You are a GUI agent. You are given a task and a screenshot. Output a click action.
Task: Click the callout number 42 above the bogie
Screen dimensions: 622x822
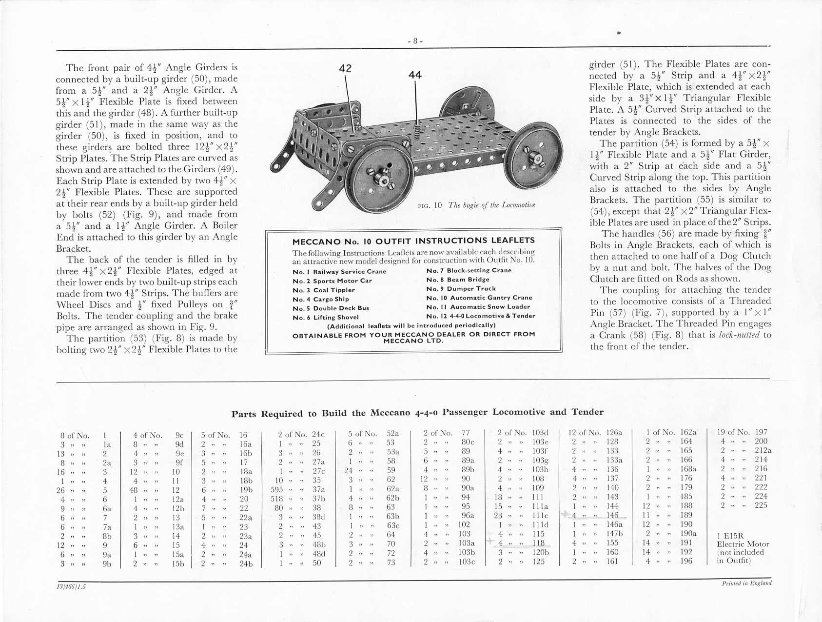[345, 69]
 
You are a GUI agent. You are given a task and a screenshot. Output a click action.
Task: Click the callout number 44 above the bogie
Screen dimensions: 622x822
[415, 75]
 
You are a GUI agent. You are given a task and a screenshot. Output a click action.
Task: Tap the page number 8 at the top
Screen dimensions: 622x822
[415, 41]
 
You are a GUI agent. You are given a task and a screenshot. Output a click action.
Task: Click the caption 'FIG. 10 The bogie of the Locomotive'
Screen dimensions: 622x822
[476, 205]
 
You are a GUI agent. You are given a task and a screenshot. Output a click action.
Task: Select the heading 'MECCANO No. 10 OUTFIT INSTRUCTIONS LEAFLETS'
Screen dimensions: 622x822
[413, 241]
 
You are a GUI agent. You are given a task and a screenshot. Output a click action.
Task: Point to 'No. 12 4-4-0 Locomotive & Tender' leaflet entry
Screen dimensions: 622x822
[480, 316]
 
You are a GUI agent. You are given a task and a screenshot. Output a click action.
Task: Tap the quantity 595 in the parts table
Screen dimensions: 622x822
[277, 490]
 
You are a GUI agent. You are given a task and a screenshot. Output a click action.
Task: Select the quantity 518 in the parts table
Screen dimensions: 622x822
[277, 499]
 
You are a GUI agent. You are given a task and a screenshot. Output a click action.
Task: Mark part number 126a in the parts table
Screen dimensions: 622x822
[614, 432]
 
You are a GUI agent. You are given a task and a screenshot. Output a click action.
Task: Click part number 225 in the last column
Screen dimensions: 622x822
[761, 505]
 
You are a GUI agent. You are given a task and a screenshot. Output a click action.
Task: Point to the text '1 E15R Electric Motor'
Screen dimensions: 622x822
[743, 540]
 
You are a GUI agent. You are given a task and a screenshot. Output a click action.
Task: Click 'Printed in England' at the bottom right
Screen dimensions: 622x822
[746, 583]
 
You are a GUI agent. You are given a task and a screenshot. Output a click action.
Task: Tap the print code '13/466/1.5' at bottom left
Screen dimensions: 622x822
[71, 586]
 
